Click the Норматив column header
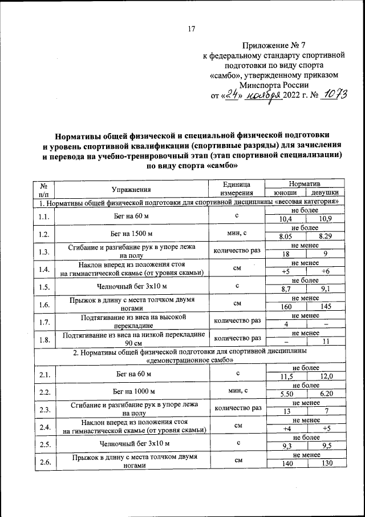pos(305,185)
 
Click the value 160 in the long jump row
pos(286,307)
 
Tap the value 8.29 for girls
pos(326,237)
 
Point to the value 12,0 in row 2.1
pos(326,378)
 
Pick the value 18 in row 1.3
pos(286,254)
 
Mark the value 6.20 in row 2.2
pos(326,395)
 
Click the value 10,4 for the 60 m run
pos(286,219)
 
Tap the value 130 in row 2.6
pos(326,465)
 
